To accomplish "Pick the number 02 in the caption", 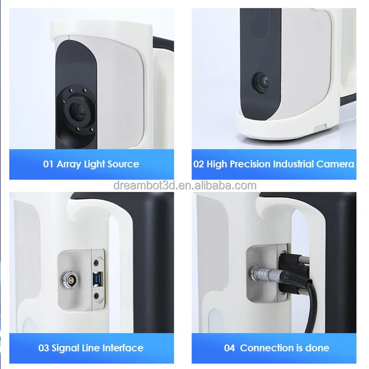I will click(x=199, y=164).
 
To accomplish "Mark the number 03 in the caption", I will click(x=45, y=348).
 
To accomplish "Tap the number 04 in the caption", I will click(x=229, y=348).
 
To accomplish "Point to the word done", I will click(x=318, y=348).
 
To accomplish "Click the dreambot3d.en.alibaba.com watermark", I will click(x=184, y=185).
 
